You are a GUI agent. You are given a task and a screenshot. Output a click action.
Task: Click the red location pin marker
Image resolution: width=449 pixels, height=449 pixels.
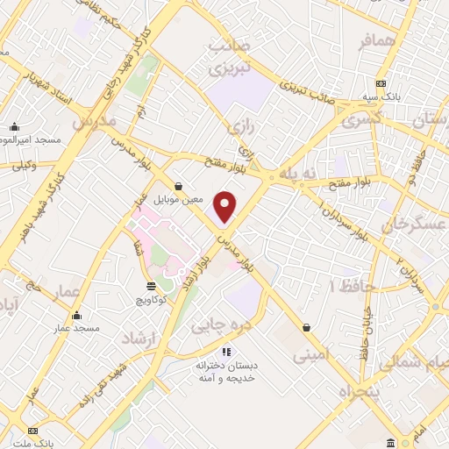(x=226, y=205)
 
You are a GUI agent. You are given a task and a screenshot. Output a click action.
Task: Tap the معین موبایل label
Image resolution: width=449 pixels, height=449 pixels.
(x=178, y=199)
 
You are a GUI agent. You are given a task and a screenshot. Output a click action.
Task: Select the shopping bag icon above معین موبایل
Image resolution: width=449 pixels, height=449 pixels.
(x=179, y=186)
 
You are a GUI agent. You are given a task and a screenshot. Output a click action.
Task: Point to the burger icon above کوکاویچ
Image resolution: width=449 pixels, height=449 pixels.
(x=151, y=287)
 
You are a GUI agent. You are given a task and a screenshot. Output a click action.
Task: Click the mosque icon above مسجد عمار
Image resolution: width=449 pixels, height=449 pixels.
(x=76, y=316)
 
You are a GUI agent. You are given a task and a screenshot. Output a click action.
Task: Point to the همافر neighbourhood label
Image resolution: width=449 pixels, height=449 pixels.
(x=378, y=41)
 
